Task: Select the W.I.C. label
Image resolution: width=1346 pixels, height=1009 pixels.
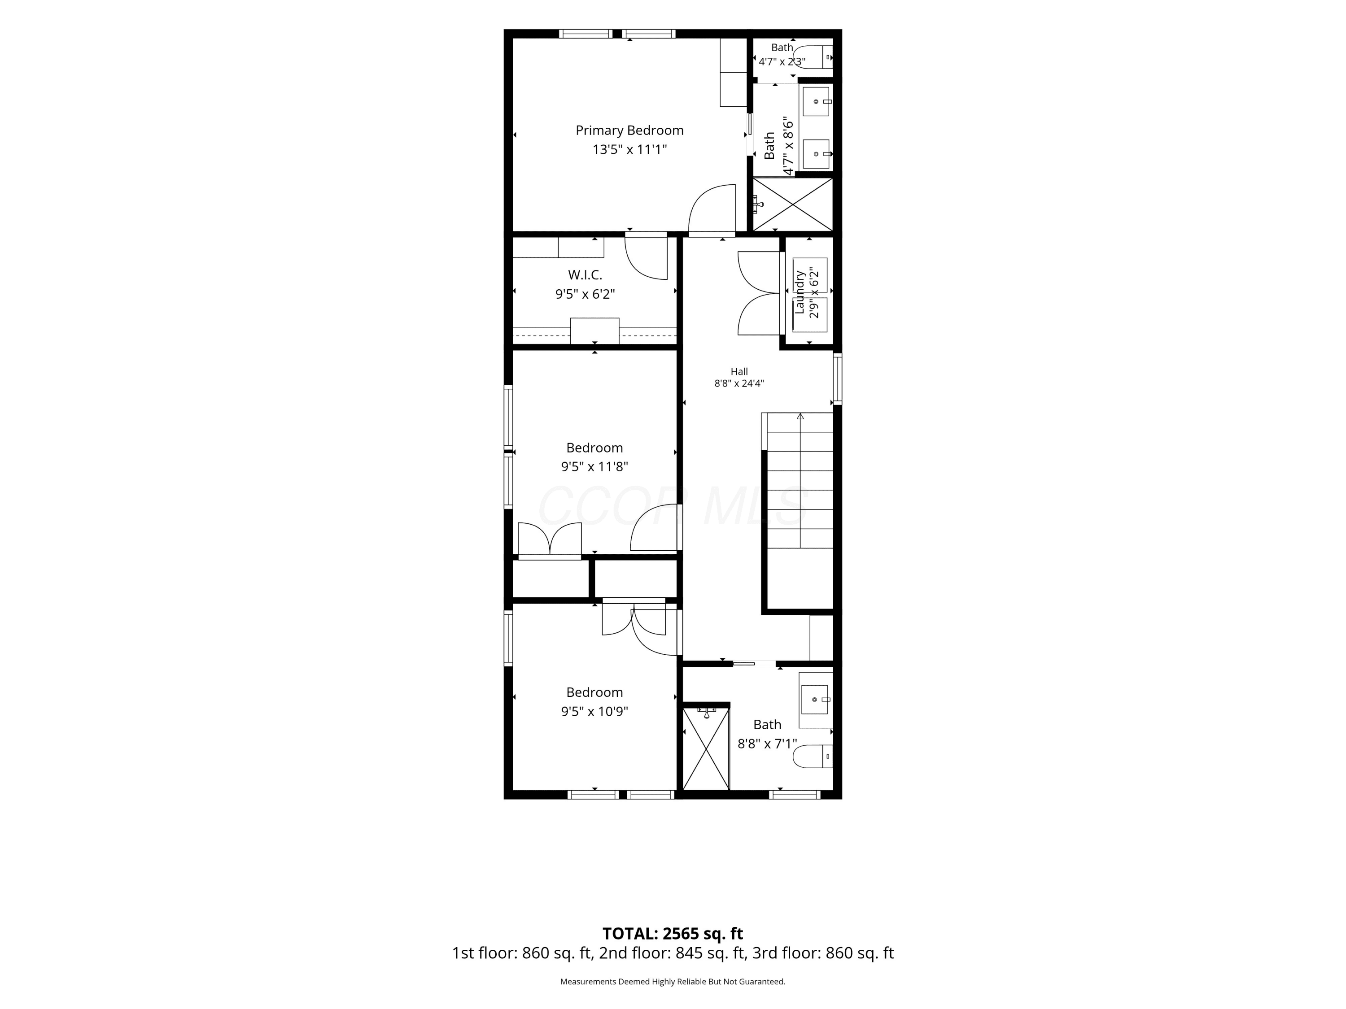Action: click(x=585, y=275)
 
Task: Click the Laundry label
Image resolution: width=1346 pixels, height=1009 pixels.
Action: click(x=800, y=292)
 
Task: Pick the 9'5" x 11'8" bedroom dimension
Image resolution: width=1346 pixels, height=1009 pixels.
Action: click(x=594, y=466)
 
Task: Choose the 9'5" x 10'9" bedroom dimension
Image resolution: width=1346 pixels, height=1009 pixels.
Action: click(x=594, y=711)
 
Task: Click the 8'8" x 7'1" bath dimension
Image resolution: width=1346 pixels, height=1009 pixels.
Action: click(x=767, y=743)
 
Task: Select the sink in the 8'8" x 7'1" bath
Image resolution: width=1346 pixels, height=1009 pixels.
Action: click(x=815, y=700)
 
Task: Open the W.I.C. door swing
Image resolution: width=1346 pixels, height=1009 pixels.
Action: click(x=646, y=257)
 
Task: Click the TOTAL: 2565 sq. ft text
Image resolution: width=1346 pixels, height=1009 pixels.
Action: click(x=673, y=934)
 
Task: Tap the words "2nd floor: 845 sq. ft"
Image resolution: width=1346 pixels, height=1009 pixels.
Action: click(x=673, y=953)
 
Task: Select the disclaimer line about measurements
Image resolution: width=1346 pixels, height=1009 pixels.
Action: click(x=673, y=981)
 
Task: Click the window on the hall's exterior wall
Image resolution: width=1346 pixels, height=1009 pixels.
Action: click(x=837, y=378)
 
